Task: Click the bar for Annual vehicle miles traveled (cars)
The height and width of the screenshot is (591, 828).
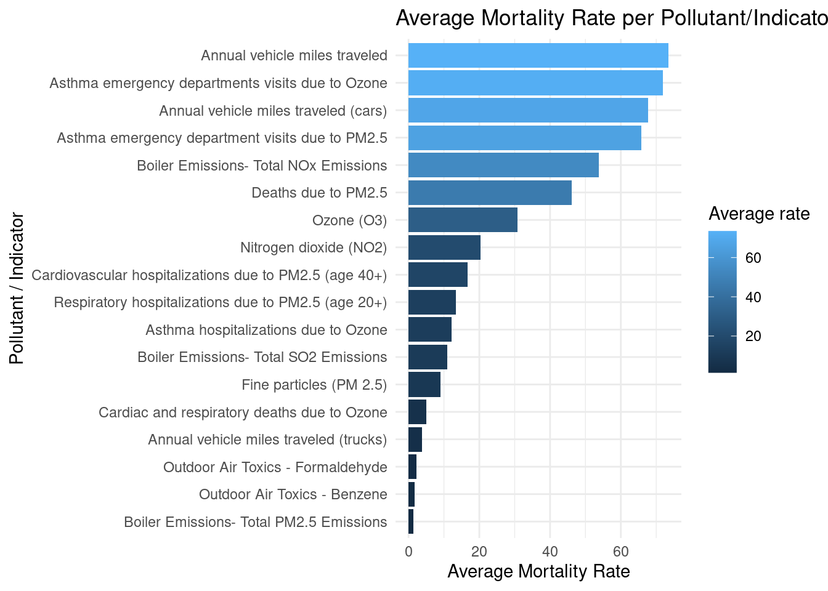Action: tap(528, 110)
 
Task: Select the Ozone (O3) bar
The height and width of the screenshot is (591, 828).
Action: tap(463, 220)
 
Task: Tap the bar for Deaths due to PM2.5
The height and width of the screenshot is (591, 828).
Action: tap(490, 193)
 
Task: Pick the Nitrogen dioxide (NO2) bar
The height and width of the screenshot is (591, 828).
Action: tap(444, 247)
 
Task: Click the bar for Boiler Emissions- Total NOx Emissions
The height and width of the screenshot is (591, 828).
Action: tap(503, 165)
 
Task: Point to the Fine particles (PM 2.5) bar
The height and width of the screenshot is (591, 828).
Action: tap(424, 385)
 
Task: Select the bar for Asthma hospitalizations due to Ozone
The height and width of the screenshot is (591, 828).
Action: tap(430, 329)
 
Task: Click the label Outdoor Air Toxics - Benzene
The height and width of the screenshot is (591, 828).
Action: tap(293, 494)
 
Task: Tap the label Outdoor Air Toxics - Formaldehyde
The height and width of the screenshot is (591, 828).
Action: tap(275, 467)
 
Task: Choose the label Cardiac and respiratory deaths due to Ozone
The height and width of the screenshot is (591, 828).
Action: tap(243, 412)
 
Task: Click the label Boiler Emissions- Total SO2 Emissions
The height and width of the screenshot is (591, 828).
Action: tap(262, 357)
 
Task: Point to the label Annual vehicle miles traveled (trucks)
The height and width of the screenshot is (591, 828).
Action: tap(267, 440)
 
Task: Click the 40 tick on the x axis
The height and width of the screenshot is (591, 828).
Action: tap(550, 551)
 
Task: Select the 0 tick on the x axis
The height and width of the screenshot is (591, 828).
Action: tap(408, 551)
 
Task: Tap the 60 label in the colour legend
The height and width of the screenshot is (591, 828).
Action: tap(753, 258)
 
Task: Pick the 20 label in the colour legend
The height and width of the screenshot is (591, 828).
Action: tap(753, 336)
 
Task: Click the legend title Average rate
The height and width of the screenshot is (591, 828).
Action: tap(759, 214)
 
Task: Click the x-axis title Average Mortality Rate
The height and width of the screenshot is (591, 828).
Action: tap(538, 571)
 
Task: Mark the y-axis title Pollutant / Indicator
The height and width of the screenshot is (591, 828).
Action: tap(17, 288)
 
